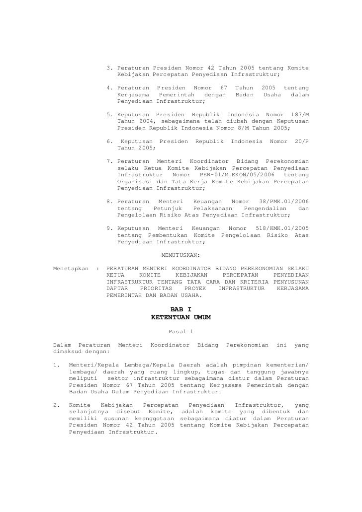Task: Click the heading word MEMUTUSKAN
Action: click(181, 256)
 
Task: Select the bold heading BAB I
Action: click(181, 308)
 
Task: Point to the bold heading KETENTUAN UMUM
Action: click(181, 317)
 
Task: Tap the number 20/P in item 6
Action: click(301, 141)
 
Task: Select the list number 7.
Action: click(109, 161)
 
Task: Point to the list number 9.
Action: click(109, 228)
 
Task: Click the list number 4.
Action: click(109, 87)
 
